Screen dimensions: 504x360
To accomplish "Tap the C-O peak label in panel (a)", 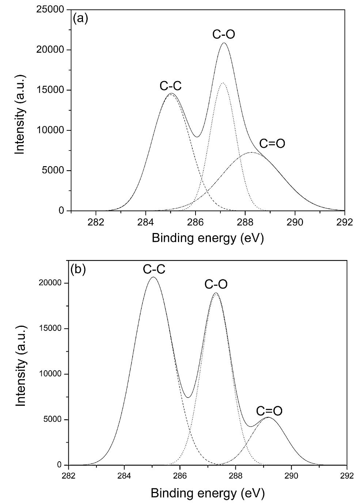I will click(x=224, y=34).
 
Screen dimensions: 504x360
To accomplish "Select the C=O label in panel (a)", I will click(x=272, y=144).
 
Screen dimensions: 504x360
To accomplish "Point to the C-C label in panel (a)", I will click(x=170, y=86).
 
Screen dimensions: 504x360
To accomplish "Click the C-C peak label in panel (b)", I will click(x=154, y=269).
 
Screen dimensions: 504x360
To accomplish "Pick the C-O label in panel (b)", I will click(x=216, y=285).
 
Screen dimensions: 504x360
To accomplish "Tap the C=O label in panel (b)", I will click(x=269, y=411).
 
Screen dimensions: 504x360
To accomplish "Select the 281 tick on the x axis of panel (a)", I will click(x=71, y=211).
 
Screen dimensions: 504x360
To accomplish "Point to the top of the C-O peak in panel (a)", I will click(x=224, y=43).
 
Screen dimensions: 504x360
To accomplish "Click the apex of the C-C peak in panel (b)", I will click(x=153, y=277).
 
